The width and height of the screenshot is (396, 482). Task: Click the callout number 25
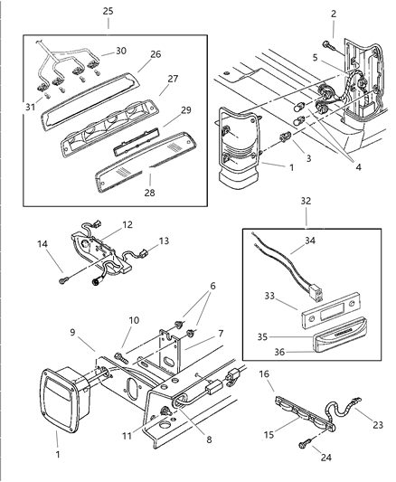tap(108, 12)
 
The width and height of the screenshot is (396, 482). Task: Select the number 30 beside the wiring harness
tap(121, 51)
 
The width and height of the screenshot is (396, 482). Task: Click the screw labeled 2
tap(326, 43)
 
